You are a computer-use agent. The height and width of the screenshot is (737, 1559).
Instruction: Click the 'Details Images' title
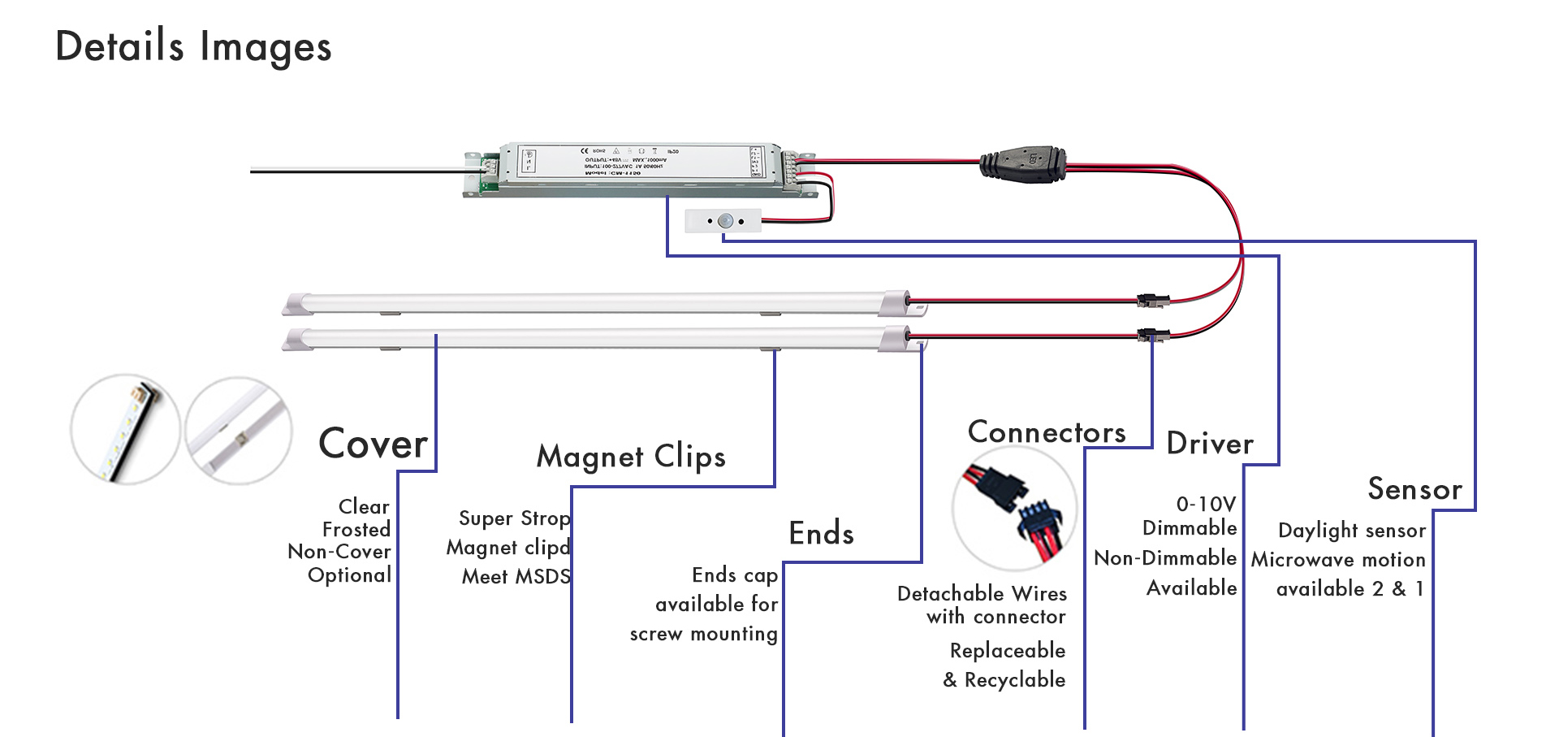[193, 46]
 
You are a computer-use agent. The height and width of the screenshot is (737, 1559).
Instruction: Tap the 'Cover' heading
[373, 444]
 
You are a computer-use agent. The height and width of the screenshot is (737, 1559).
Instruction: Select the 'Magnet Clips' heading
[631, 457]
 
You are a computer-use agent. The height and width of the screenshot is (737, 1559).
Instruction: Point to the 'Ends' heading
[821, 534]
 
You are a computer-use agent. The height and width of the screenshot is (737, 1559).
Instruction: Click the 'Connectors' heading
[1046, 432]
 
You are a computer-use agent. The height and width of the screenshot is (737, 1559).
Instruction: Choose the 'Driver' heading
[1209, 444]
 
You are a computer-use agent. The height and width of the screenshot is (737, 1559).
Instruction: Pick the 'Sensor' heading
[1414, 489]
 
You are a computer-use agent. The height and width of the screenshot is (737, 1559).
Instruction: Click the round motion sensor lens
[726, 220]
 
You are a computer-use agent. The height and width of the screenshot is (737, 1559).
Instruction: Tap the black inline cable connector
[1022, 165]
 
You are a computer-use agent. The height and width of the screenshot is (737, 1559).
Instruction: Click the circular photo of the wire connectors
[1014, 508]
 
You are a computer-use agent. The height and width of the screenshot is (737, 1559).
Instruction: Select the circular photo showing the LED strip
[125, 429]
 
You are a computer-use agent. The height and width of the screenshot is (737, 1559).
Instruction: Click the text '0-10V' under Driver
[1206, 505]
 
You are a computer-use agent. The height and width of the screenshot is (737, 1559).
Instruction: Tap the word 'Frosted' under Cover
[356, 530]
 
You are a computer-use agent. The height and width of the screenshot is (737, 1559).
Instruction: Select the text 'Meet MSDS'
[516, 577]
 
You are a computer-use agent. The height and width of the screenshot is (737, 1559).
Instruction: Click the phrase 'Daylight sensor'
[1351, 531]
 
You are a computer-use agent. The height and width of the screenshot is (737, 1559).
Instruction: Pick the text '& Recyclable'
[1004, 680]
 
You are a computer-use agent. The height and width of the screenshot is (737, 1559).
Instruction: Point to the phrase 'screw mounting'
[703, 634]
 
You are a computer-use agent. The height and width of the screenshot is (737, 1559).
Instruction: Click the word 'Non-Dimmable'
[1164, 558]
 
